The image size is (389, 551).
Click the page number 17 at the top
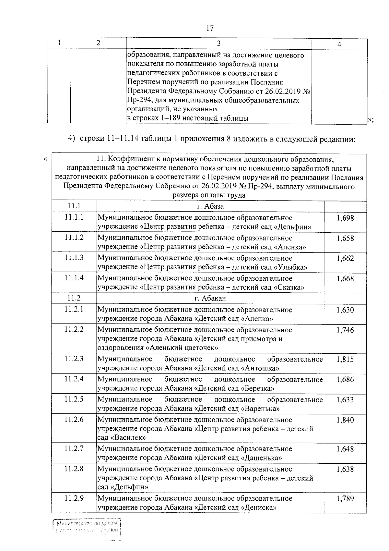click(210, 29)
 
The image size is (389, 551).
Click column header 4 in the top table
click(339, 45)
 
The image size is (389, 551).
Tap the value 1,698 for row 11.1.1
click(345, 218)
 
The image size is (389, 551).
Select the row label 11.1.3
click(74, 258)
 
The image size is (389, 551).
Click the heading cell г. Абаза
click(210, 206)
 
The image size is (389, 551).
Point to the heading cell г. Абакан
click(210, 298)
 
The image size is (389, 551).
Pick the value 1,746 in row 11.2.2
click(345, 330)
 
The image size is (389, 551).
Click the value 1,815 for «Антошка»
click(345, 360)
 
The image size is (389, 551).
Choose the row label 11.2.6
click(74, 420)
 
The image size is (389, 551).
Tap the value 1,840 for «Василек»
click(345, 420)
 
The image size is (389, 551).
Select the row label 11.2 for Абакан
click(74, 298)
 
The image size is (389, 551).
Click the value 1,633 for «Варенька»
click(345, 400)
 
